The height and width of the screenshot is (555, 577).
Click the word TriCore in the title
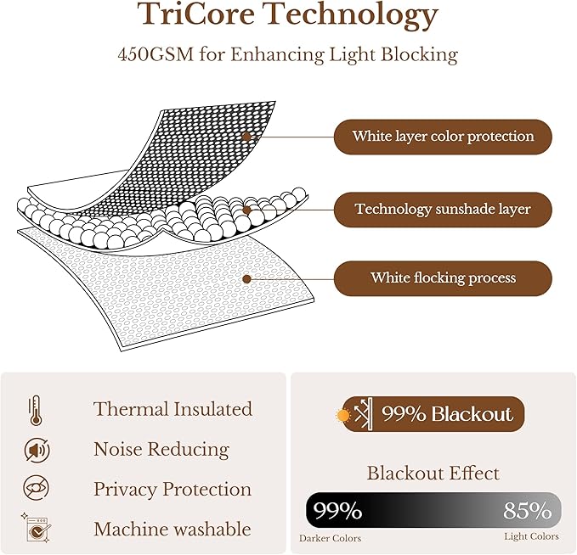[x=197, y=14]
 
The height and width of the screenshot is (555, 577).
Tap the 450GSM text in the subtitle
[x=156, y=55]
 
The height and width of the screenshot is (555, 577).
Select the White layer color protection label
[x=443, y=137]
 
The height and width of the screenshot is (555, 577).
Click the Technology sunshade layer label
[x=443, y=209]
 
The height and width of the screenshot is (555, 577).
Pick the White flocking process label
[x=443, y=277]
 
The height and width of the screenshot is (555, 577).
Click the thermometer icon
[x=36, y=411]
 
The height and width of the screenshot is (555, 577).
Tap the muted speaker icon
[x=37, y=450]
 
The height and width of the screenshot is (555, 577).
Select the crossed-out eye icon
[x=36, y=488]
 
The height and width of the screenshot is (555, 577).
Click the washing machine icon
[x=36, y=528]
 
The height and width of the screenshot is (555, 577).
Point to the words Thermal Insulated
[x=173, y=409]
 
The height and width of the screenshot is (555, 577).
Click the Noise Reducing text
[x=161, y=450]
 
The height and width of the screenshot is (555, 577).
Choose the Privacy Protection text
[x=173, y=489]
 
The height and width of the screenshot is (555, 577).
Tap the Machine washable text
[x=173, y=530]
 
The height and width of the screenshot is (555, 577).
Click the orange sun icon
[x=343, y=416]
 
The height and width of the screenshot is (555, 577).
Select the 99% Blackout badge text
[x=447, y=414]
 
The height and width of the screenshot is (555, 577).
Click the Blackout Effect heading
[x=433, y=473]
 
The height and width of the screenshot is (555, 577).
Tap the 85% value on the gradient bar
[x=528, y=510]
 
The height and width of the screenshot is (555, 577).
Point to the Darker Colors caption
[x=330, y=539]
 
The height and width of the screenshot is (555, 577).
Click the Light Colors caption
[x=531, y=536]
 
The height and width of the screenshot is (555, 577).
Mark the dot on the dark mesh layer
[x=246, y=137]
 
